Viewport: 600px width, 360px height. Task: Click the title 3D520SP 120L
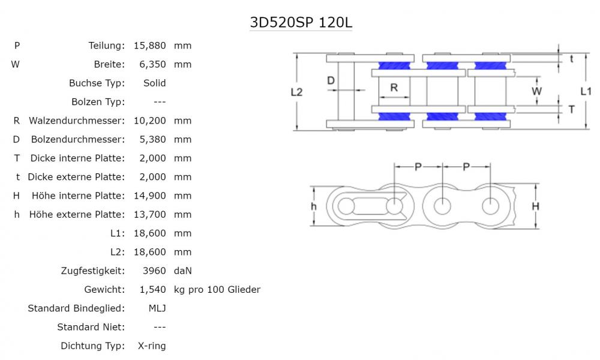[301, 23]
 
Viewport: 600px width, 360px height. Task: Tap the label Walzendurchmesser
[77, 121]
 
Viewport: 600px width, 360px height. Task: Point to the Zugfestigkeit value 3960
[155, 271]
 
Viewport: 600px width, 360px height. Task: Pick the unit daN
[183, 271]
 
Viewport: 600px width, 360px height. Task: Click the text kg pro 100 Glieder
[217, 290]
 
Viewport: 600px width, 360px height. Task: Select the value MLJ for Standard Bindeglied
[157, 308]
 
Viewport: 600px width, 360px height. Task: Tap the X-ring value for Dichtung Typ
[152, 346]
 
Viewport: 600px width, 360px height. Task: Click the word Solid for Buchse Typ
[155, 83]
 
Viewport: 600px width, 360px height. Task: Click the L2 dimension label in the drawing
[297, 92]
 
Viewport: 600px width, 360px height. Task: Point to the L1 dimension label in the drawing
[586, 91]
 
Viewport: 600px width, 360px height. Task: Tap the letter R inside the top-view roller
[394, 87]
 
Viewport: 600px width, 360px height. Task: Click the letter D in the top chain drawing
[331, 80]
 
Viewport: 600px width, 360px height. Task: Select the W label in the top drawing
[537, 91]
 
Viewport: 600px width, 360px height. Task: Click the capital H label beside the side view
[536, 206]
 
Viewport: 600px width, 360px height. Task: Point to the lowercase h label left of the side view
[314, 206]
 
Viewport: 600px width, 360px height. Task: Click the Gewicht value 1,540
[152, 290]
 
